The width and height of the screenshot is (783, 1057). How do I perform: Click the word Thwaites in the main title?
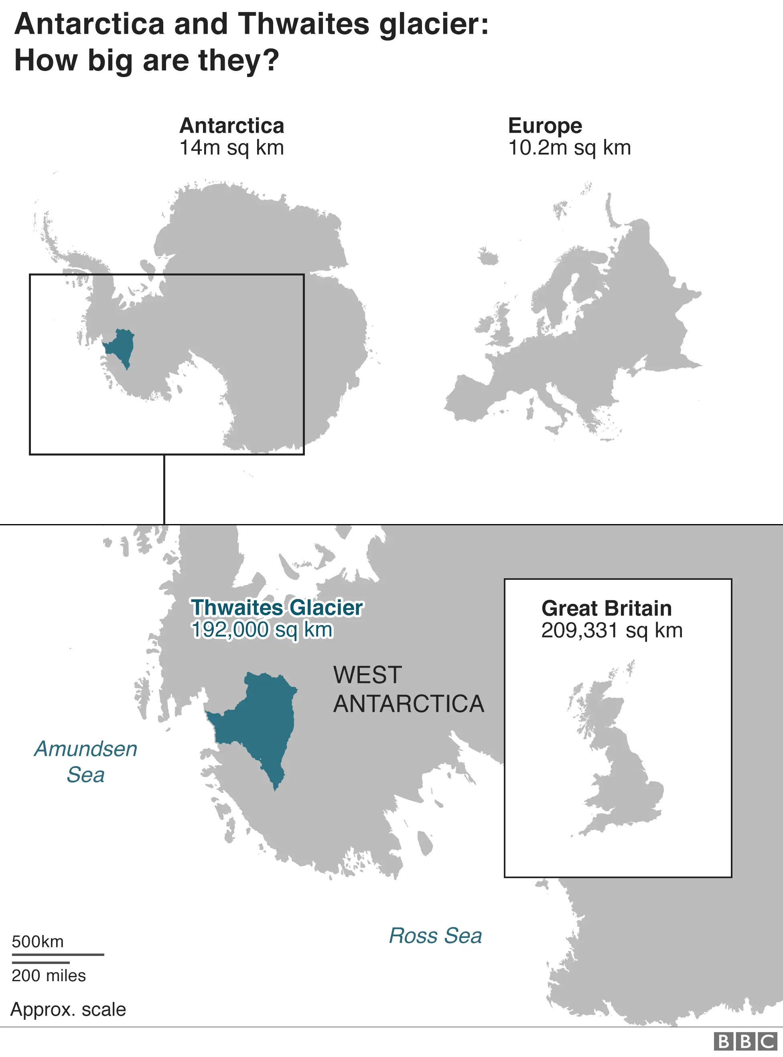click(303, 24)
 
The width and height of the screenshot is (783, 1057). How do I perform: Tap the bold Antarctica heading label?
click(232, 126)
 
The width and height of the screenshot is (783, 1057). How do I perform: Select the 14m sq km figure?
click(232, 148)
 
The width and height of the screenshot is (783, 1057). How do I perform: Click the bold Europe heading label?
click(545, 126)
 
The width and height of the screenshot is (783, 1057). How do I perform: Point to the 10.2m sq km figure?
click(569, 148)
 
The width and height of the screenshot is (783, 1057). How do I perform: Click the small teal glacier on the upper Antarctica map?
click(120, 345)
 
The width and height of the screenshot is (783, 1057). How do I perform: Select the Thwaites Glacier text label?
click(277, 608)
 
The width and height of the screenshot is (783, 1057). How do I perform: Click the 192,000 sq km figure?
click(262, 630)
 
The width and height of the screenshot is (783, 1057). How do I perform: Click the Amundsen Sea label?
click(86, 762)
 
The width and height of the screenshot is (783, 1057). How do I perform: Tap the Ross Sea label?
click(435, 936)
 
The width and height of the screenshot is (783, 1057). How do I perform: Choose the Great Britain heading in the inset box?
click(606, 608)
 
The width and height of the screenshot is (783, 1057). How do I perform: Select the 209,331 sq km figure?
click(612, 631)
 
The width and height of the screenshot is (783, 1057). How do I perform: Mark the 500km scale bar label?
click(38, 942)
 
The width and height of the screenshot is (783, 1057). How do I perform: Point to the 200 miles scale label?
click(49, 976)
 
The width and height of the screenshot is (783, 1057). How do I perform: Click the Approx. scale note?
click(68, 1010)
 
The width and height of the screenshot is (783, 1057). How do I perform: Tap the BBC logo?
click(745, 1042)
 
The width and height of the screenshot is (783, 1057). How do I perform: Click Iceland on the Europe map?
click(488, 257)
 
